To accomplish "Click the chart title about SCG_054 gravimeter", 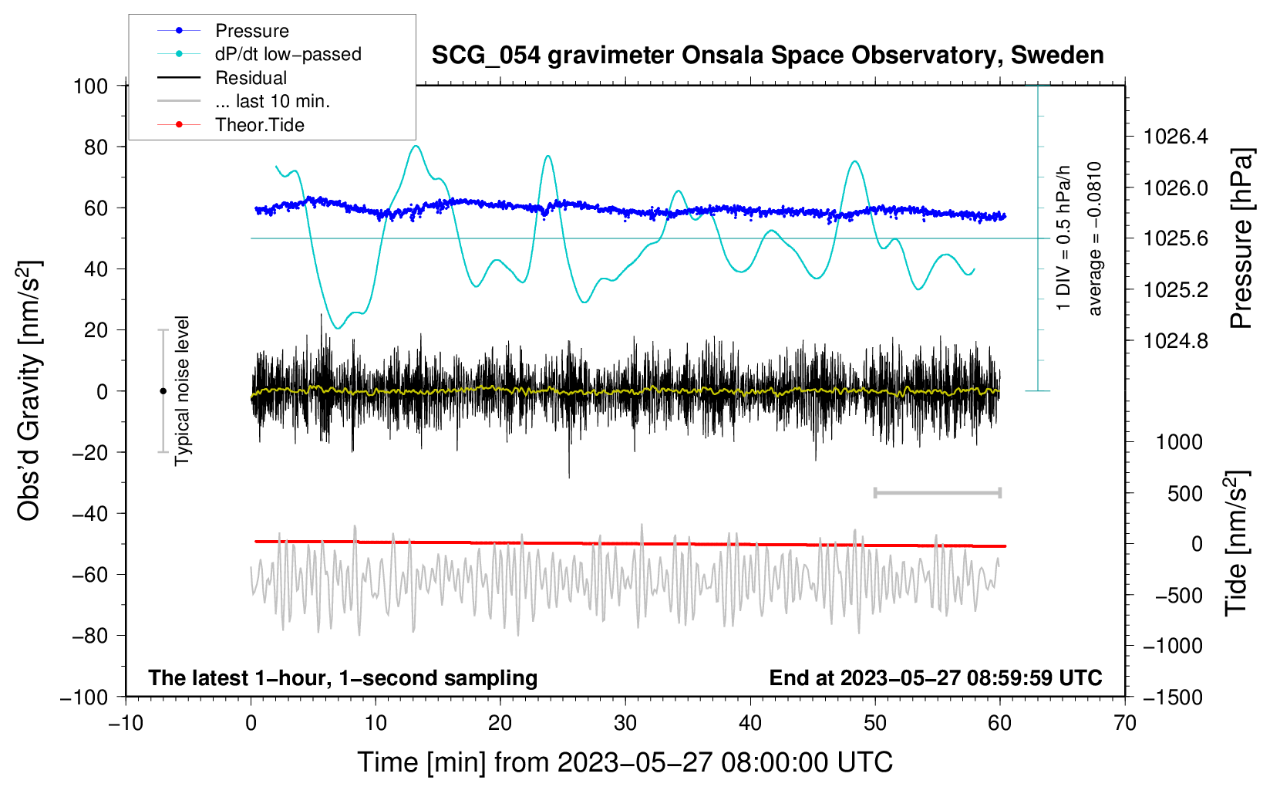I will [x=767, y=56].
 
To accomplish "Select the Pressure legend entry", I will [x=251, y=31].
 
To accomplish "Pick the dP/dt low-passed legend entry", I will [x=288, y=54].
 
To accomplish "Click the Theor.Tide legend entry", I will [x=259, y=125].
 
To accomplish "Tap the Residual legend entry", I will [x=251, y=78].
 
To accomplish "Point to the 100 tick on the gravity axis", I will [x=90, y=86].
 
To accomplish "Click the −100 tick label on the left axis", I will [x=84, y=697].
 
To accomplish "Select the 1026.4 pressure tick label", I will [x=1176, y=137].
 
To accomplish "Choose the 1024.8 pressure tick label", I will [x=1176, y=341].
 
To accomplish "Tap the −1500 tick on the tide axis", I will [x=1172, y=697].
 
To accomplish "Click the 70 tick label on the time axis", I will [x=1125, y=723].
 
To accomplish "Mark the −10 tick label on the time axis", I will [x=126, y=723].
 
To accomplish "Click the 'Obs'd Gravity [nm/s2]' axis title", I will [x=29, y=390].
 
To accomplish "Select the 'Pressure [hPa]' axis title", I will [x=1241, y=238].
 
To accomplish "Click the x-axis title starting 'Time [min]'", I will [x=625, y=762].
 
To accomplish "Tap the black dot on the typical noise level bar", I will [x=163, y=391].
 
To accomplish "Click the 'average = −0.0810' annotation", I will [x=1095, y=238].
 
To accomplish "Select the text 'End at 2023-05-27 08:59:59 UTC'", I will [x=935, y=677].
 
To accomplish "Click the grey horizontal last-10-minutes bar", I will [x=937, y=492].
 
